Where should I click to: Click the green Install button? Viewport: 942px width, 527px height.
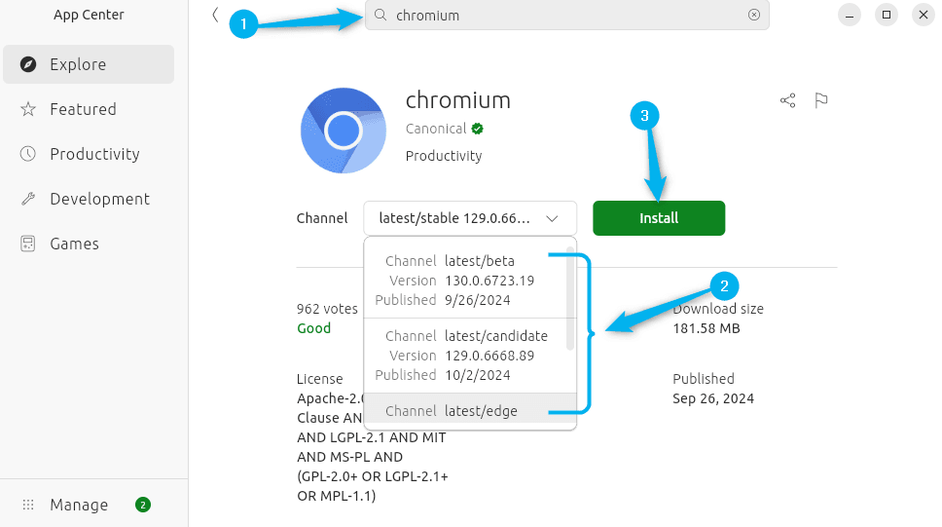pos(659,218)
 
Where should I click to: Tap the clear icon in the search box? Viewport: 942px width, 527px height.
pos(754,16)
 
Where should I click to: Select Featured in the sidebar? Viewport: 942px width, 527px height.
pos(83,109)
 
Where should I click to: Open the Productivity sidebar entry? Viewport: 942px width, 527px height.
pos(94,154)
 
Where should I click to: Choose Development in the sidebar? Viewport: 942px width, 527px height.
pos(99,199)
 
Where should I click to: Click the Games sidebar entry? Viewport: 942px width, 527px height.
pos(74,244)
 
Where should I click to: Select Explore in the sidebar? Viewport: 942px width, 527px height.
pos(78,64)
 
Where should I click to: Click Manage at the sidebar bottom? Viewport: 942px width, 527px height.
pos(79,505)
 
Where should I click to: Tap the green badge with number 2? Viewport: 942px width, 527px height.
pos(143,505)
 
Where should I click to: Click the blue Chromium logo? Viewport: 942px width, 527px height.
pos(344,130)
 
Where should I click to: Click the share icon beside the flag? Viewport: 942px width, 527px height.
pos(788,100)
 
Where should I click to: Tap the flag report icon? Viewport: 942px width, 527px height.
pos(821,100)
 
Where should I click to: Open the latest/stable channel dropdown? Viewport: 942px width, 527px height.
pos(470,218)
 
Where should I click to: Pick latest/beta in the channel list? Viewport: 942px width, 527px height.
pos(467,281)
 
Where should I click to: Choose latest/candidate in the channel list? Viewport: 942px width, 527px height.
pos(467,356)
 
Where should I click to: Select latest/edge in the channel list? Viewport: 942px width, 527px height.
pos(467,411)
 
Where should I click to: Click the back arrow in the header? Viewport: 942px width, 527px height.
pos(214,15)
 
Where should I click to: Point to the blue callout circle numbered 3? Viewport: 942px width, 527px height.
pos(642,116)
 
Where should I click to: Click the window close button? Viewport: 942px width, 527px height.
pos(922,15)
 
